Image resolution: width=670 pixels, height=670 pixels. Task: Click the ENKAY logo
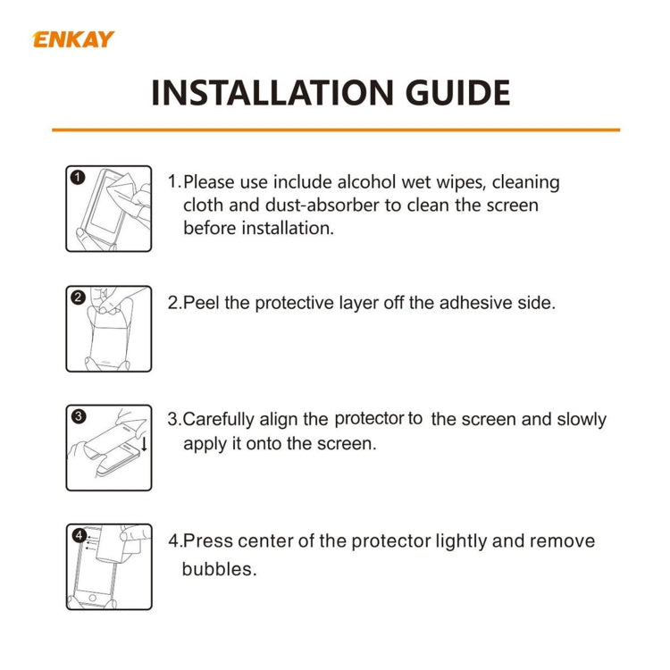click(73, 39)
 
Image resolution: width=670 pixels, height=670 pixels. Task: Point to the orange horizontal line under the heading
click(335, 130)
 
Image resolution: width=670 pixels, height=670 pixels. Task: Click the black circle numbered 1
click(78, 177)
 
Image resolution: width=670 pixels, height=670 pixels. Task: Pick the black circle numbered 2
click(78, 297)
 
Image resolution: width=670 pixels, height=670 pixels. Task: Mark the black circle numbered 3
click(78, 416)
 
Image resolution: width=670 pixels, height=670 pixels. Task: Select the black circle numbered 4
click(79, 535)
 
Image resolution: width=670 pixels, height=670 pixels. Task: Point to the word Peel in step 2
click(202, 303)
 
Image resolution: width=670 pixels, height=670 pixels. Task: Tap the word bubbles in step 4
click(219, 569)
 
